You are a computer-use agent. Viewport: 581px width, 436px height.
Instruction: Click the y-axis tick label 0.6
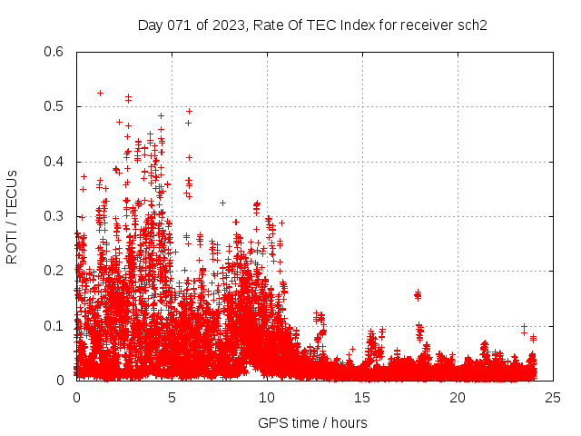[x=54, y=52]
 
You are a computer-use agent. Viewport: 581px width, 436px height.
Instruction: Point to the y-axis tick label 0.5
[x=54, y=106]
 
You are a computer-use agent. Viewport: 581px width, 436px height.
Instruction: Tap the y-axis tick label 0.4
[x=54, y=162]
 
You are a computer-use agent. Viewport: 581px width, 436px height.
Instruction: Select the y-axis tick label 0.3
[x=54, y=216]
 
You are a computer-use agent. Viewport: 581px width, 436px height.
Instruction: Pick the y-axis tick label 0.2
[x=54, y=271]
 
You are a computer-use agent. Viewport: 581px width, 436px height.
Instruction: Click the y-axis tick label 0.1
[x=54, y=325]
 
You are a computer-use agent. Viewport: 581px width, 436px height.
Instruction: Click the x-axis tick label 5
[x=172, y=398]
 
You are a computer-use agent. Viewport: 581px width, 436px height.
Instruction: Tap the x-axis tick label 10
[x=267, y=398]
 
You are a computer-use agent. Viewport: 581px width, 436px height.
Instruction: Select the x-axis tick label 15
[x=362, y=398]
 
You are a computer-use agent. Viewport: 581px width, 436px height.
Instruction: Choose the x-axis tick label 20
[x=458, y=398]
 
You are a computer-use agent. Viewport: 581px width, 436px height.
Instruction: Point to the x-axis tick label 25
[x=553, y=398]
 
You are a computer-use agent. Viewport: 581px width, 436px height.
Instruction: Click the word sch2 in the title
[x=473, y=25]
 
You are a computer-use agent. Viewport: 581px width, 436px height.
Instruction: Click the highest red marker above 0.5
[x=100, y=93]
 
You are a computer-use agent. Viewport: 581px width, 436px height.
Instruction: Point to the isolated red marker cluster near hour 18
[x=418, y=294]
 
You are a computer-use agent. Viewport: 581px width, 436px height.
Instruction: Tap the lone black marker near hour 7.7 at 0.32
[x=222, y=203]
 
